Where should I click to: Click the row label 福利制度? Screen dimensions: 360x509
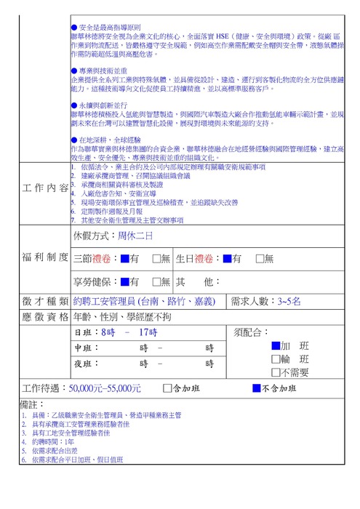point(45,258)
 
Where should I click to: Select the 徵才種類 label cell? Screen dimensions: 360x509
point(45,301)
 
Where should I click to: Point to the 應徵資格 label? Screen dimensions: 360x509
point(45,317)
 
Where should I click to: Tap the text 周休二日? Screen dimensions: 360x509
point(137,236)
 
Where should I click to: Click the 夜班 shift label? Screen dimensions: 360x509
point(86,364)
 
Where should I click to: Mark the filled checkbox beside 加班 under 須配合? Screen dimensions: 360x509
point(275,346)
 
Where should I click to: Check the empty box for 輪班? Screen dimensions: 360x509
point(275,359)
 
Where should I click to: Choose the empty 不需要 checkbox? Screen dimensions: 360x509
point(275,372)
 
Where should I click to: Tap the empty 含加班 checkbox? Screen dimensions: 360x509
point(168,388)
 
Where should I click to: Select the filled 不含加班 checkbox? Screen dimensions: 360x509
point(256,388)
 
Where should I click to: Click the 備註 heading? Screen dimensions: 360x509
point(33,404)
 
